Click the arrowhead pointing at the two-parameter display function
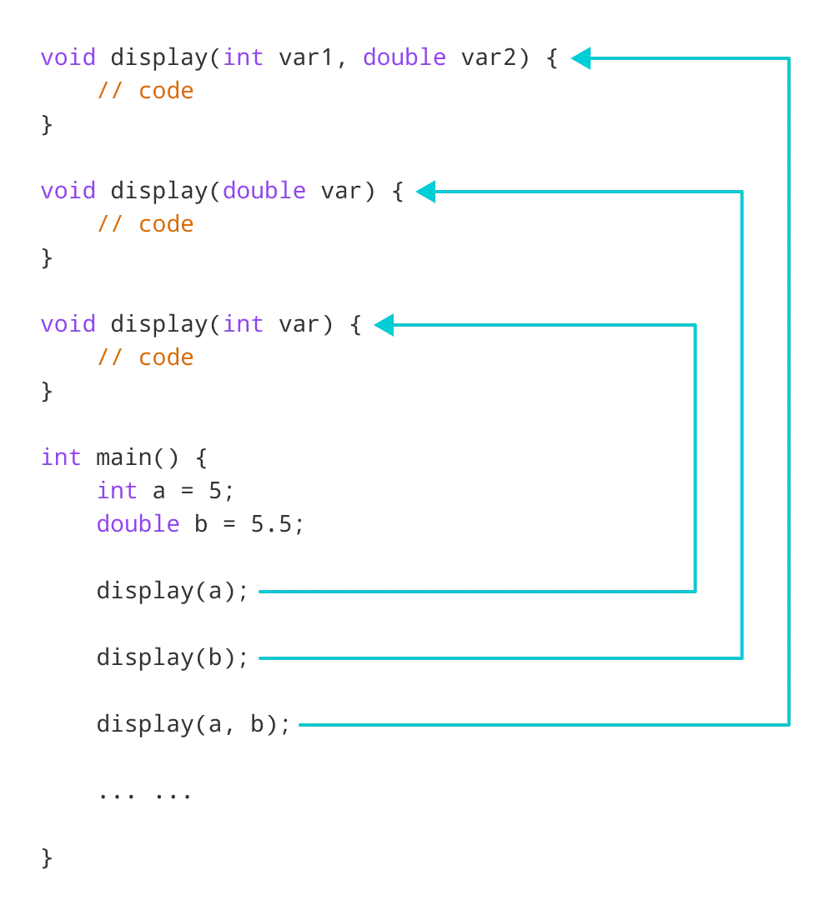coord(581,58)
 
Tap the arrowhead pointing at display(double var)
coord(425,192)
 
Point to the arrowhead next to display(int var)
coord(383,325)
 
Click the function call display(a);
coord(173,591)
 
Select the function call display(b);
coord(173,657)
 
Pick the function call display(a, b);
coord(193,724)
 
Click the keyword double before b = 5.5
coord(138,524)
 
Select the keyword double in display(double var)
coord(264,191)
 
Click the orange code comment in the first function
coord(145,91)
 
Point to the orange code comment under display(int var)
coord(145,357)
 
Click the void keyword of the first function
coord(68,58)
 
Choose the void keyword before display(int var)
coord(68,324)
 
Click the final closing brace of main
coord(47,857)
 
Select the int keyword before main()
coord(61,457)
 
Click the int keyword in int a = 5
coord(117,491)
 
